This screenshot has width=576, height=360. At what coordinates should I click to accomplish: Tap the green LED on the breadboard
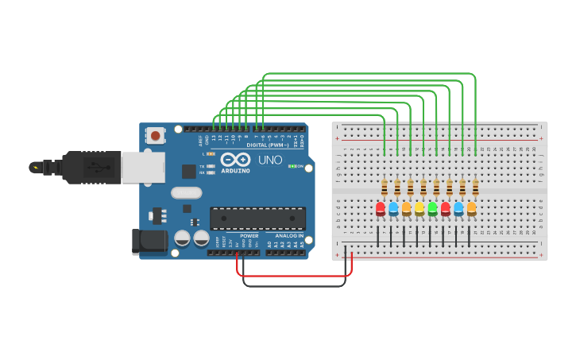tap(432, 208)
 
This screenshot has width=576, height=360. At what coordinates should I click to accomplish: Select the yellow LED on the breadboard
tap(419, 208)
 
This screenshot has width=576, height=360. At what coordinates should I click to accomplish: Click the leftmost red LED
tap(381, 208)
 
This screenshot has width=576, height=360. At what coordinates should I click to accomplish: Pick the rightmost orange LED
tap(471, 208)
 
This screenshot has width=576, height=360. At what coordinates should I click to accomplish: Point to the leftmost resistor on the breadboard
tap(385, 188)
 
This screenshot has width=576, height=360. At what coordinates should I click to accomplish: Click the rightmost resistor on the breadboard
tap(475, 188)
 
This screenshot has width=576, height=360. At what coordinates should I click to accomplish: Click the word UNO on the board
tap(270, 160)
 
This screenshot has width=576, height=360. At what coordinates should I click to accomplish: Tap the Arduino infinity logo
tap(235, 159)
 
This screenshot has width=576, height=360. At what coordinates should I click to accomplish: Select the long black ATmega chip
tap(257, 218)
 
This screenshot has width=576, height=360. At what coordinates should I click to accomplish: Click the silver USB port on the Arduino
tap(144, 168)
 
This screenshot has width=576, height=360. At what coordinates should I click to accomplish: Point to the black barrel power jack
tap(149, 242)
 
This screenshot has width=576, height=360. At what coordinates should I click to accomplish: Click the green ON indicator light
tap(292, 166)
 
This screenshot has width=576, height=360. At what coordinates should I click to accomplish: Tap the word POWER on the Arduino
tap(249, 236)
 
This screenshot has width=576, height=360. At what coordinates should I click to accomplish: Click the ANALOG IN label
tap(289, 236)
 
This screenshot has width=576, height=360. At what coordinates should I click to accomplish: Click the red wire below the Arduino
tap(294, 277)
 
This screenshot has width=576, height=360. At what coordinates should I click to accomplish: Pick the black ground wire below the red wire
tap(294, 285)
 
